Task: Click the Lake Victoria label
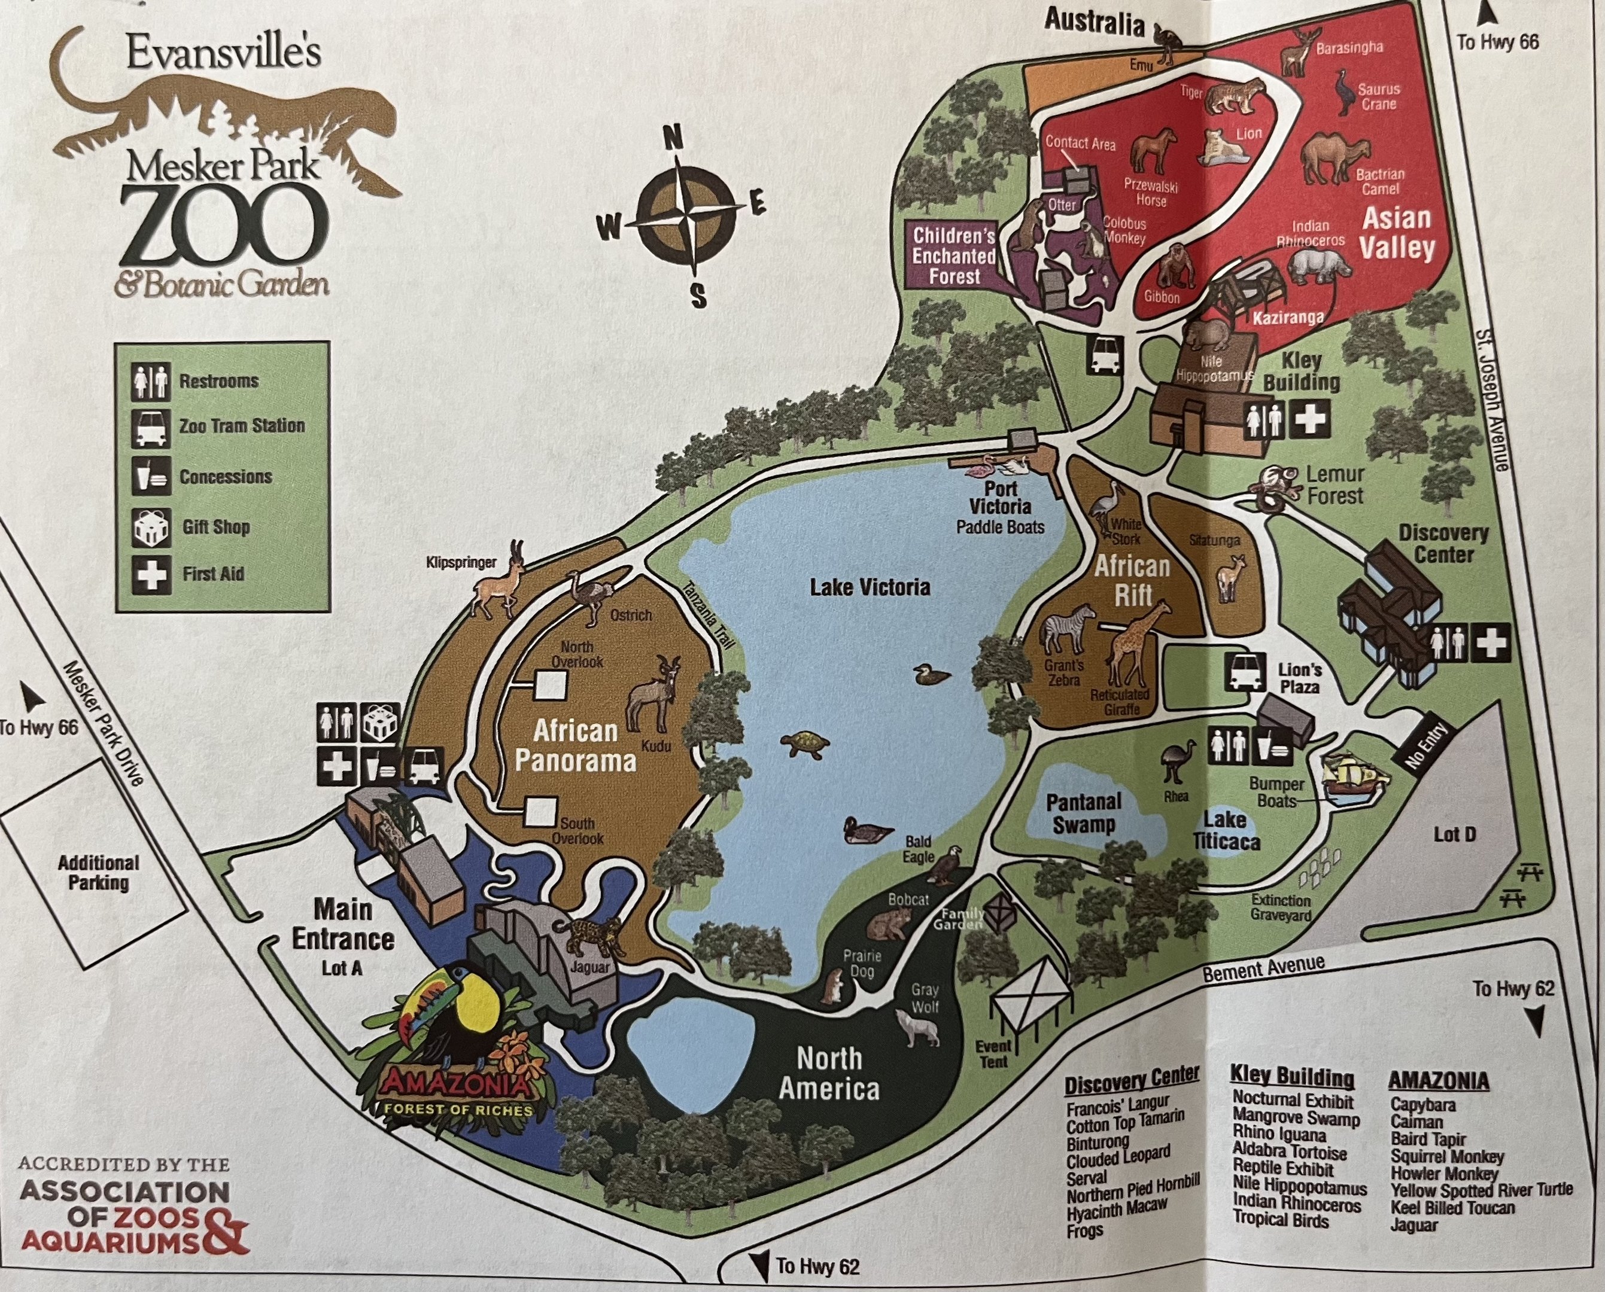(870, 587)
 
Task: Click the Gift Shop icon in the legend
(151, 527)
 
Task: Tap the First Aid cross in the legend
(151, 574)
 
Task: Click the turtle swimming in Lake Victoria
(805, 743)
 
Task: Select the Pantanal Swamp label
(1083, 813)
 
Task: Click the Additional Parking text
(98, 872)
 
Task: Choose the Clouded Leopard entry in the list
(1117, 1157)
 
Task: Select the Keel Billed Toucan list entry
(1452, 1208)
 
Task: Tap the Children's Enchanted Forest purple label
(954, 256)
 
